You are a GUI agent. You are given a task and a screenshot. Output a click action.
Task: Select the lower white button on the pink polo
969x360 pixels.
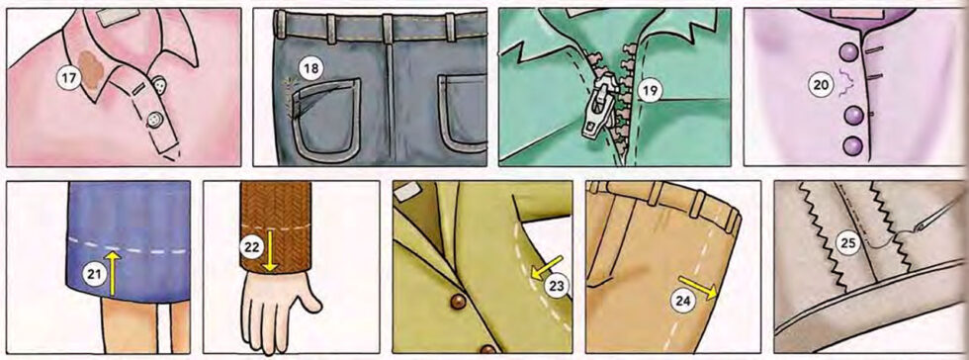154,120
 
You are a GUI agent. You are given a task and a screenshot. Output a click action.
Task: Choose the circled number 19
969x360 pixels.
648,92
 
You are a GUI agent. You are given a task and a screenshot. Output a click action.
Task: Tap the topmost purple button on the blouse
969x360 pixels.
848,52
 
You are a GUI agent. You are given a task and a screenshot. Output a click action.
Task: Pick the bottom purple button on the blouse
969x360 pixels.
851,146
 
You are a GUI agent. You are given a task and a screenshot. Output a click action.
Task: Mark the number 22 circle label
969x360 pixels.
252,241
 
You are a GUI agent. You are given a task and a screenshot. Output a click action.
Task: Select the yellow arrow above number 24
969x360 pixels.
696,288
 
